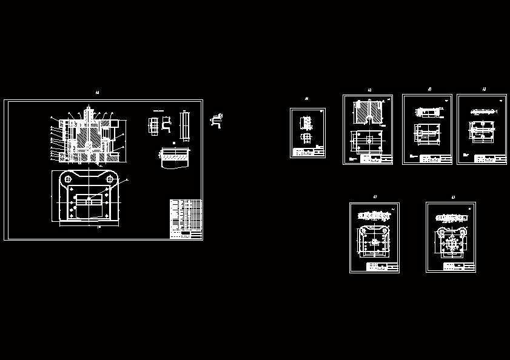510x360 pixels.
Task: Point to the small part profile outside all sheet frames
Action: coord(216,120)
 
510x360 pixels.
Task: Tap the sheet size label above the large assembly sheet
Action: coord(97,93)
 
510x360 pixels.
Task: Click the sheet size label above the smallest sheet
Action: coord(306,98)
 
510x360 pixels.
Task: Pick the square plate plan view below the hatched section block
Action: coord(367,140)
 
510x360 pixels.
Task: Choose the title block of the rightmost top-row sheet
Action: coord(489,159)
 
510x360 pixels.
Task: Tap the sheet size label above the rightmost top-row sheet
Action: coord(484,89)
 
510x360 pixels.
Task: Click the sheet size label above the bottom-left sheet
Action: coord(375,197)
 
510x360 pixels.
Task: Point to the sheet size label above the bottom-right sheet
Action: coord(452,197)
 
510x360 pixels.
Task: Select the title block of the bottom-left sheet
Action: coord(382,267)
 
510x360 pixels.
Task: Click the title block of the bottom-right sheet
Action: coord(458,267)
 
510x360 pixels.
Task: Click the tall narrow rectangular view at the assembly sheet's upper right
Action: coord(185,124)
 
